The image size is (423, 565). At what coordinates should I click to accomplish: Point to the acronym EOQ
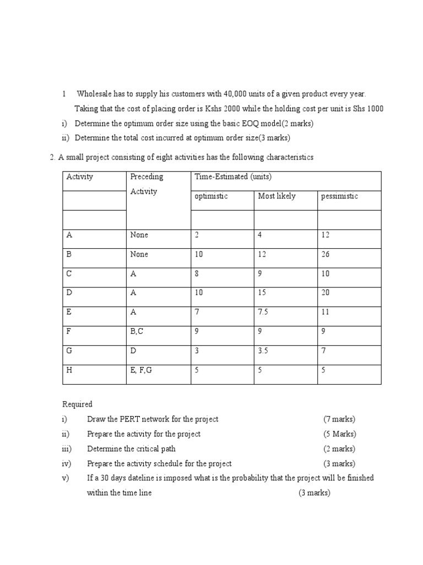click(x=240, y=123)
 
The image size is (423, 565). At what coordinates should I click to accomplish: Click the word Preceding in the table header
click(x=147, y=177)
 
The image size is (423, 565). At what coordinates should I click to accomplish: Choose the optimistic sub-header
click(x=211, y=196)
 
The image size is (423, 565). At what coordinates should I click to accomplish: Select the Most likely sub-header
click(x=276, y=196)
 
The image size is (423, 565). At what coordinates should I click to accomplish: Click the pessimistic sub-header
click(x=339, y=196)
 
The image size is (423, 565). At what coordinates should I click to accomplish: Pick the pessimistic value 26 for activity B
click(x=325, y=254)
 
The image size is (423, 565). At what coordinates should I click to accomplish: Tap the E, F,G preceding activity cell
click(x=141, y=370)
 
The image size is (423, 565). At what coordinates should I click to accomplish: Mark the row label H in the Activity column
click(x=69, y=370)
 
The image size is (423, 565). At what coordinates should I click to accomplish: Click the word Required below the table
click(x=77, y=404)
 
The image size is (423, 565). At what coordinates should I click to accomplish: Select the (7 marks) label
click(x=339, y=419)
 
